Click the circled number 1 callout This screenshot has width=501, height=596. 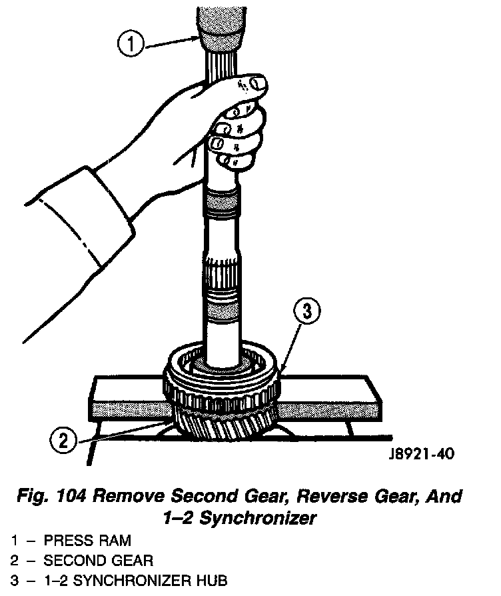[131, 43]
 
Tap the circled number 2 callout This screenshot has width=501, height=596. [63, 439]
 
